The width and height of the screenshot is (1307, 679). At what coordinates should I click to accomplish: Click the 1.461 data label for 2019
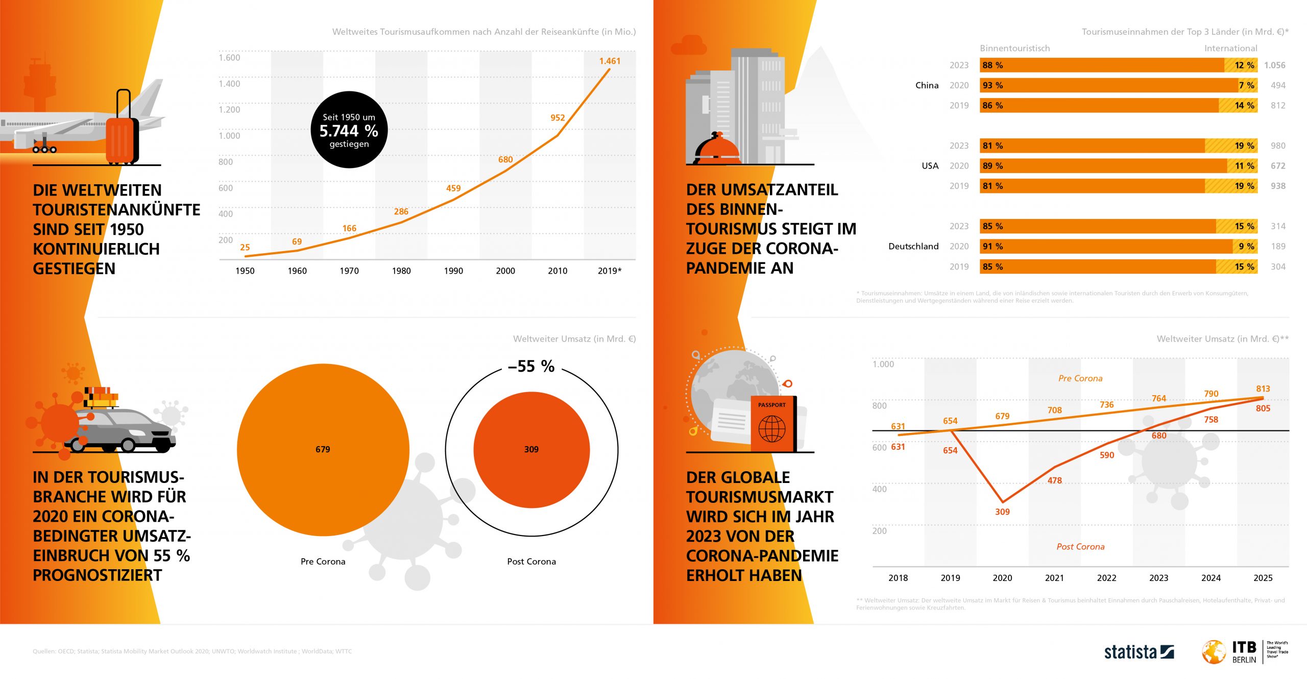(610, 61)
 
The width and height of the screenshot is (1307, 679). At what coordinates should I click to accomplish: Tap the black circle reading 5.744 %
(349, 130)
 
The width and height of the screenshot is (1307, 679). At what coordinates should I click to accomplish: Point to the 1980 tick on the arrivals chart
(401, 271)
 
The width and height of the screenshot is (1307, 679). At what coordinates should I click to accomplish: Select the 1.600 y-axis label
(229, 58)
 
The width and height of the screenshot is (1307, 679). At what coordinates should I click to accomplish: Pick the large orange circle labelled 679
(323, 450)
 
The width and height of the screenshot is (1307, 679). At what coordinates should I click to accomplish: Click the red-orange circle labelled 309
(531, 450)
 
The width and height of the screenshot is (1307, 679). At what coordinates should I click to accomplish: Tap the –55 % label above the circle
(531, 367)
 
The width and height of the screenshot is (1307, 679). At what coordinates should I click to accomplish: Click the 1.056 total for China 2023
(1274, 65)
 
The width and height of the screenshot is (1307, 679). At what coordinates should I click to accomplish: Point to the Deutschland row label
(913, 247)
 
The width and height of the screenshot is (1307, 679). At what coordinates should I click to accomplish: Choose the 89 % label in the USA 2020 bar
(993, 166)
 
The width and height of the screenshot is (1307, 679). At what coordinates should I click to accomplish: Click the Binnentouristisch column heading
(1014, 48)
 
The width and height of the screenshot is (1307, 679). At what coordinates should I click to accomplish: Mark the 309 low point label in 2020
(1002, 512)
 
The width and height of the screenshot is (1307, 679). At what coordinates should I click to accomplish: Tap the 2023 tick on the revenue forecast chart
(1158, 578)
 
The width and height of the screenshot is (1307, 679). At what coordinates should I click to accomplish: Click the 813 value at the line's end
(1263, 389)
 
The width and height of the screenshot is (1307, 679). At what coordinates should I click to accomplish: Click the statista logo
(1139, 652)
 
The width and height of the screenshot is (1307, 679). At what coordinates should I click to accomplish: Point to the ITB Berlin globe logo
(1214, 652)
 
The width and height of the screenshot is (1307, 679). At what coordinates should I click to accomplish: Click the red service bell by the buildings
(717, 149)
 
